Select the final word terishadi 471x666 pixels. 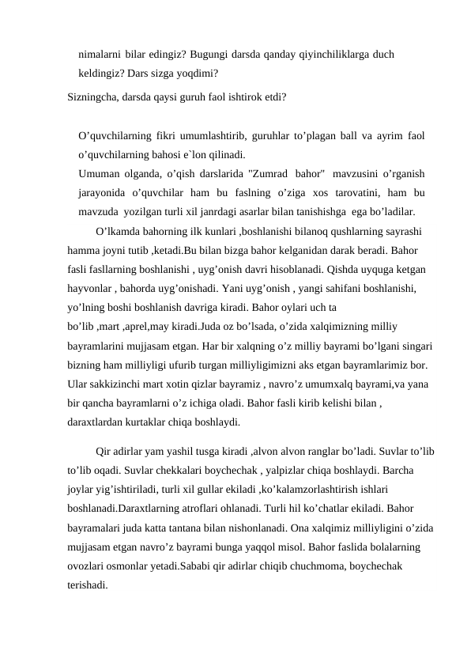(88, 586)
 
